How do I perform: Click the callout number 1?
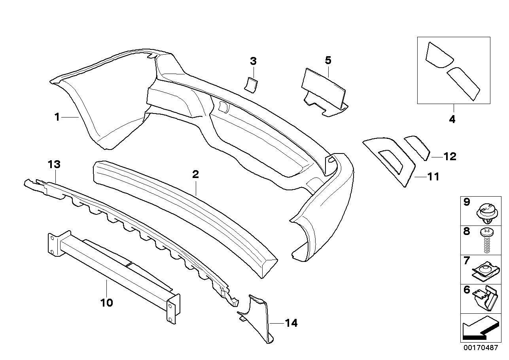[57, 117]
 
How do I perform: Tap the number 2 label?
[195, 174]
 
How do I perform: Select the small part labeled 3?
[250, 84]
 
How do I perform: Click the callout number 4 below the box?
[452, 119]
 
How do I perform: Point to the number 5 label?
[328, 61]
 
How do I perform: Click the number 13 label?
[54, 164]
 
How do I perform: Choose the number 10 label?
[107, 303]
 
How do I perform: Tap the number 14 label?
[291, 323]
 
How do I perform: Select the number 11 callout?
[433, 176]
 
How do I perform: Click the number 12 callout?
[450, 157]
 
